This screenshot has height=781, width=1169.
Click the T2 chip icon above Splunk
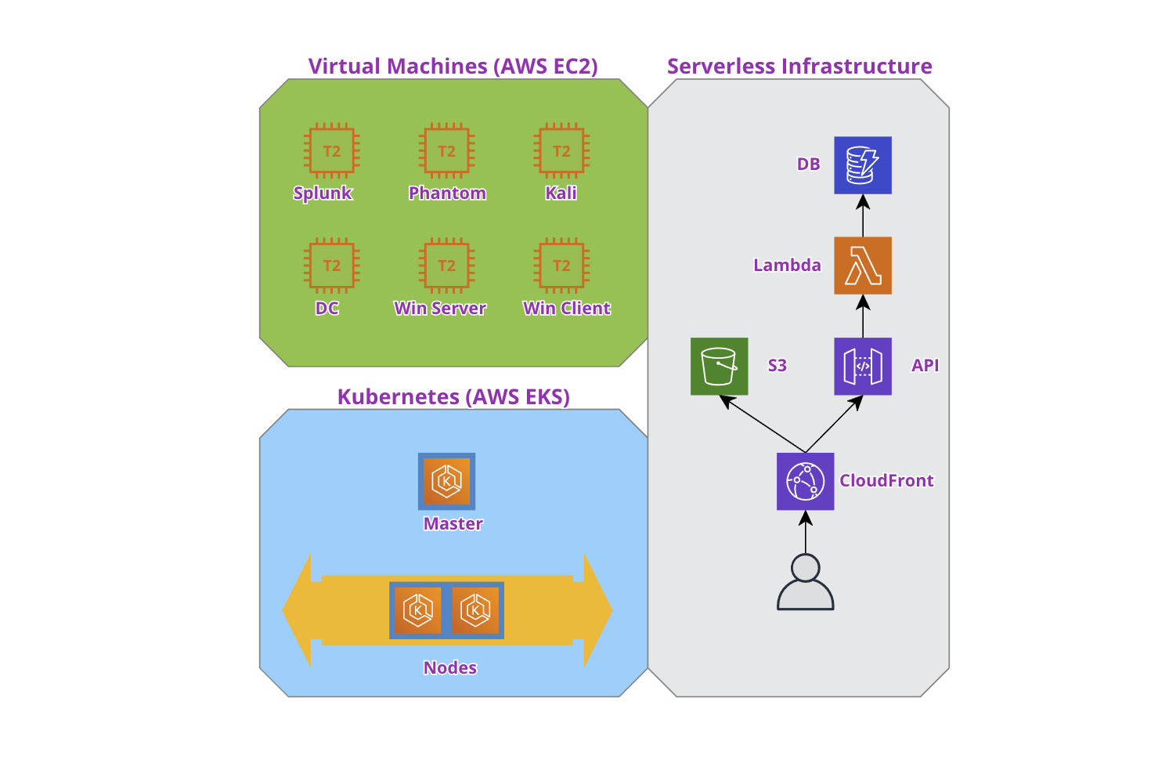[x=332, y=151]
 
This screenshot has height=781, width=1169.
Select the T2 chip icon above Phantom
[x=447, y=151]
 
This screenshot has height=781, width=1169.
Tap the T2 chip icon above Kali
[x=561, y=151]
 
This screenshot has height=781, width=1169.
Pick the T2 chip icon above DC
[x=332, y=266]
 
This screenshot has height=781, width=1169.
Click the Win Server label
[x=440, y=308]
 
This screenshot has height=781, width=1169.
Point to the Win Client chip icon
[x=561, y=266]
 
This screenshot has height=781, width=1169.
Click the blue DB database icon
[x=863, y=165]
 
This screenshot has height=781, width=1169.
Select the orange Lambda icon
[x=863, y=266]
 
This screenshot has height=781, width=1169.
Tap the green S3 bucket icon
[x=720, y=366]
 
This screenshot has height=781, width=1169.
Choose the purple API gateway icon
[x=863, y=366]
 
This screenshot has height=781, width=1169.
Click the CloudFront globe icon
[x=805, y=481]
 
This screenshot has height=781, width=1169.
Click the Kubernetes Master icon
[x=447, y=481]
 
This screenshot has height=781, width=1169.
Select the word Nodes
[x=450, y=667]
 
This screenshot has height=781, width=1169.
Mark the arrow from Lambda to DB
[x=863, y=215]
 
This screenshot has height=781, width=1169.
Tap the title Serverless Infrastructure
[x=799, y=67]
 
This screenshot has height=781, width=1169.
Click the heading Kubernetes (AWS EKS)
[x=453, y=397]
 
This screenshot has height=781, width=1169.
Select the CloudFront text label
[x=886, y=481]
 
